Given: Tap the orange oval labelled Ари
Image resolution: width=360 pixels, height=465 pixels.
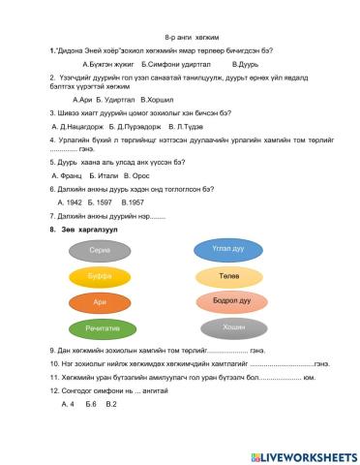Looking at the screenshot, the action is [99, 302].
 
